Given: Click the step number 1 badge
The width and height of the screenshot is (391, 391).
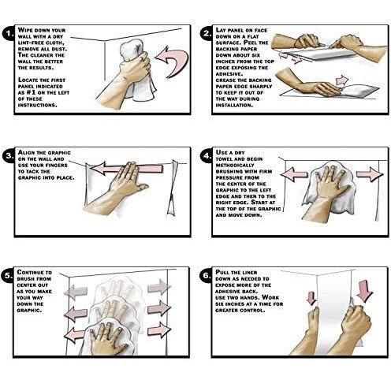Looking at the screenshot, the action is tap(9, 34).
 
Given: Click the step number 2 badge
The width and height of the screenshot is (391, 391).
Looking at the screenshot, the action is tap(207, 34).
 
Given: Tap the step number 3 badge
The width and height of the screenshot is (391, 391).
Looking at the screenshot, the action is tap(9, 155).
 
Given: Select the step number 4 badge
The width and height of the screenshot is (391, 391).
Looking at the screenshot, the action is tap(207, 155).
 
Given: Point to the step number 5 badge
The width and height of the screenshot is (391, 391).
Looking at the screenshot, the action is tap(8, 275).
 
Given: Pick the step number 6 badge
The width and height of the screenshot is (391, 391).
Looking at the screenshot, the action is tap(207, 275).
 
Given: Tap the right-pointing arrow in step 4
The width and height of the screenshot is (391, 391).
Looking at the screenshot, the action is tap(370, 174).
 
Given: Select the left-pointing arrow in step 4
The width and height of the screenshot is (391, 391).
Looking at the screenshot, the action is tap(294, 175).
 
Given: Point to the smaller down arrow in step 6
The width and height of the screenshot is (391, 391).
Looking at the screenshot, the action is tap(311, 298).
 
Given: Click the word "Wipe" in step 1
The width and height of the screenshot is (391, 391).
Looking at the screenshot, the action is tap(25, 30).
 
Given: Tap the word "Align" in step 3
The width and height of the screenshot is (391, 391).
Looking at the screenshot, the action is tap(26, 152).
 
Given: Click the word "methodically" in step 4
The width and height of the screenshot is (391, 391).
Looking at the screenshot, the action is tap(235, 166).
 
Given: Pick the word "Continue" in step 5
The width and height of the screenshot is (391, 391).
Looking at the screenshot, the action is tap(31, 272).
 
